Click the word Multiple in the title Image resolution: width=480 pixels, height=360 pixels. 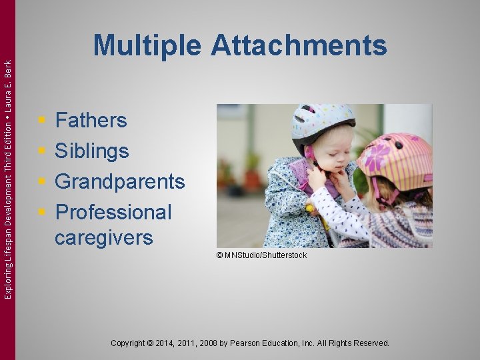(x=147, y=46)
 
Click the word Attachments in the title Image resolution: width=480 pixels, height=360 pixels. (x=299, y=46)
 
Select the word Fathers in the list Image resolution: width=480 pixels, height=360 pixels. (x=91, y=121)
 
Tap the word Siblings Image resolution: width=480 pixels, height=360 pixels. (x=91, y=151)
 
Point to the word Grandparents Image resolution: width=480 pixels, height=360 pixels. (x=119, y=181)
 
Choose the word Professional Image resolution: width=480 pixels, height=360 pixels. (x=113, y=212)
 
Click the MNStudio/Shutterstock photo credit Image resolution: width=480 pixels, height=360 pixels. (x=261, y=255)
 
